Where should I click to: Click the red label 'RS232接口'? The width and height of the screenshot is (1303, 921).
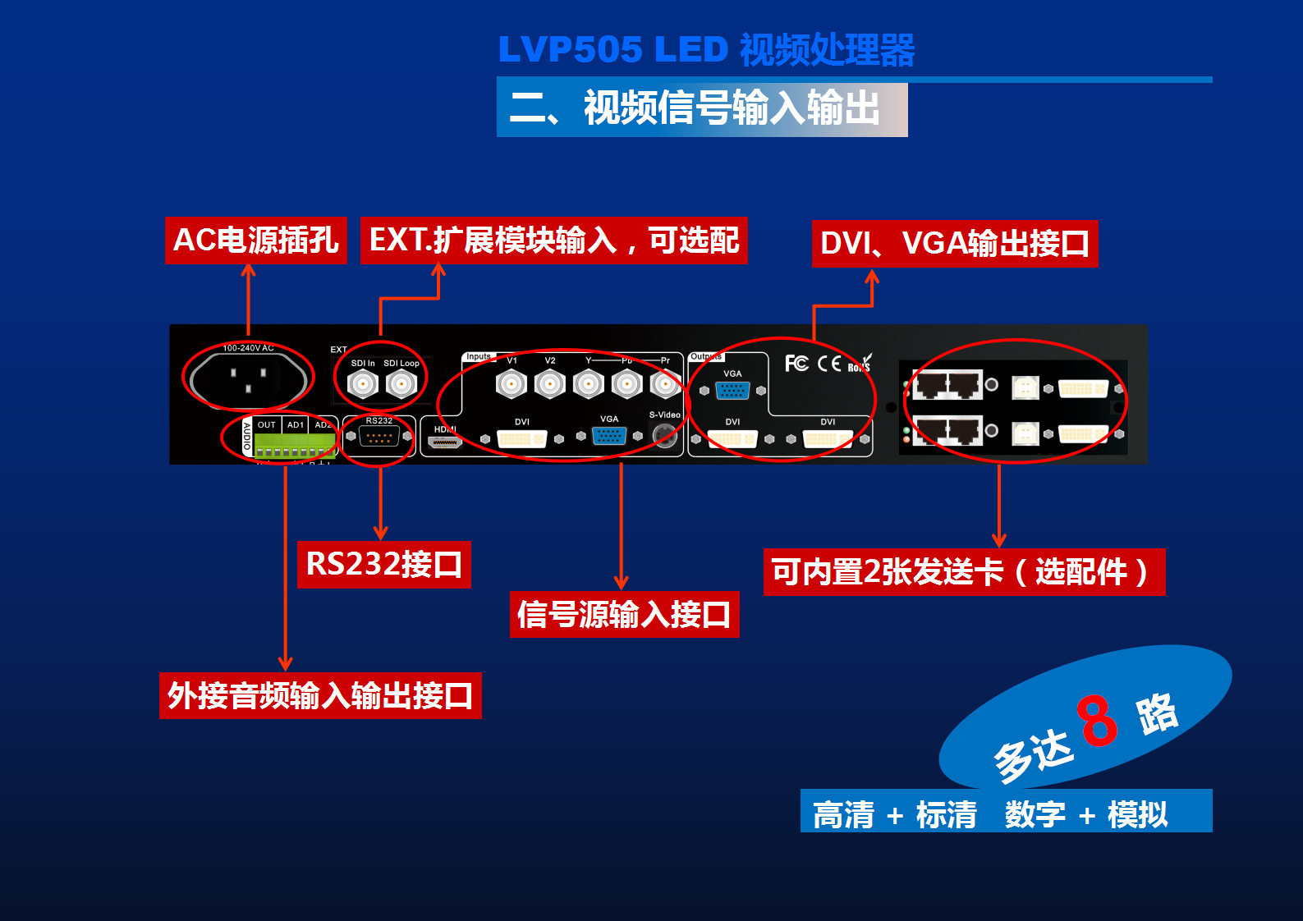click(383, 565)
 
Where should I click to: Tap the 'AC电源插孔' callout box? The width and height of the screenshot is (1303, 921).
click(255, 241)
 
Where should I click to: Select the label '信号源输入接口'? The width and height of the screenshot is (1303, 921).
click(624, 614)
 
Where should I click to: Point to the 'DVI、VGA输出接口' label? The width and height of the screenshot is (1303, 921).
click(954, 244)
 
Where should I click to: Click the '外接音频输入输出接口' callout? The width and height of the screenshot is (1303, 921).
click(320, 696)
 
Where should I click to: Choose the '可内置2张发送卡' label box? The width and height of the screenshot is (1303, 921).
click(963, 572)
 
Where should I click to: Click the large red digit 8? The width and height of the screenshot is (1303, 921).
click(1098, 720)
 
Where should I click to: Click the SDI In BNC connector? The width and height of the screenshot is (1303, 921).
click(362, 383)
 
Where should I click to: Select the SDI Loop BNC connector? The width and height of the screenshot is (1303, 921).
click(401, 383)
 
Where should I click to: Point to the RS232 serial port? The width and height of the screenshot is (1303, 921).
click(379, 437)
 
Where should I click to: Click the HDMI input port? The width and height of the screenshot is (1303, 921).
click(445, 442)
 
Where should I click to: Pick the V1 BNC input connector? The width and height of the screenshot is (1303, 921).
click(511, 383)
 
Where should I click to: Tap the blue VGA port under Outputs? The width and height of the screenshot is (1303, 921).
click(732, 391)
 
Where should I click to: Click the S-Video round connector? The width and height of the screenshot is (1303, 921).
click(665, 435)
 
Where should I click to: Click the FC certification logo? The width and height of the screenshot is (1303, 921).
click(796, 363)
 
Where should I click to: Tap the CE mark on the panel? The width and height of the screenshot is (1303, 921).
click(829, 363)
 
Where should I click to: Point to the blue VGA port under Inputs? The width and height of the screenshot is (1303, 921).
click(608, 436)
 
